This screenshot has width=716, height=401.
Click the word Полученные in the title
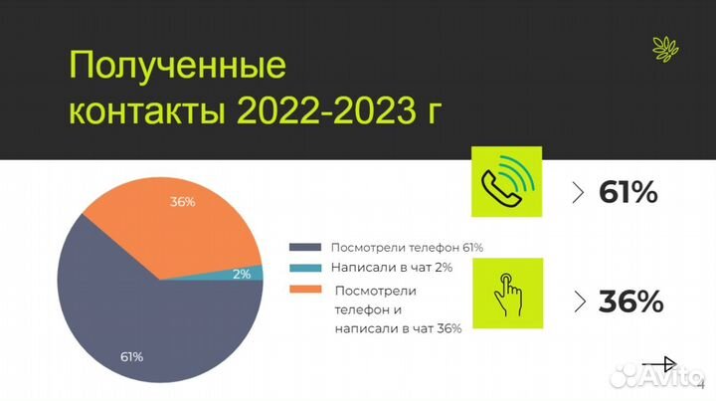pos(176,68)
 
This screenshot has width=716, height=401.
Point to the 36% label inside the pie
pos(182,202)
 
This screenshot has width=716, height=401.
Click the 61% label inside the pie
pos(131,356)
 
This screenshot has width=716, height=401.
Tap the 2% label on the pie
pos(241,274)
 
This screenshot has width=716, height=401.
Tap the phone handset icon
pos(508,181)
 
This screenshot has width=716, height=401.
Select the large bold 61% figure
pos(628,192)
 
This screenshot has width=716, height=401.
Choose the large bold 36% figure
pos(630,301)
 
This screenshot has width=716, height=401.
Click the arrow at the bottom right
pos(658,363)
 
